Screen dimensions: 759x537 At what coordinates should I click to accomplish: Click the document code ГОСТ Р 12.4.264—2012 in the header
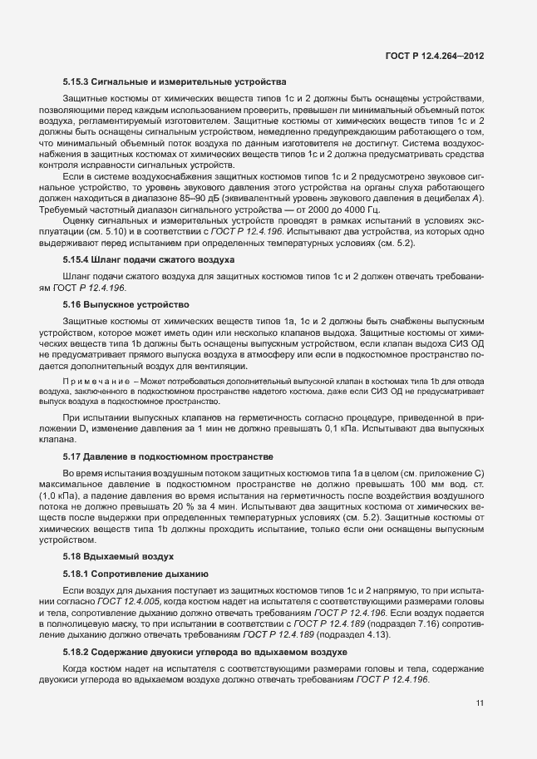tap(434, 56)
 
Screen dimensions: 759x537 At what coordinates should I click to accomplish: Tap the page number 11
tap(480, 703)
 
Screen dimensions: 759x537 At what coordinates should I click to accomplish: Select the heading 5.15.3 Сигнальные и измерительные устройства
tap(175, 82)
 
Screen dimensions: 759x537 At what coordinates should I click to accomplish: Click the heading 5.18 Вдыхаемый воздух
tap(118, 555)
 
